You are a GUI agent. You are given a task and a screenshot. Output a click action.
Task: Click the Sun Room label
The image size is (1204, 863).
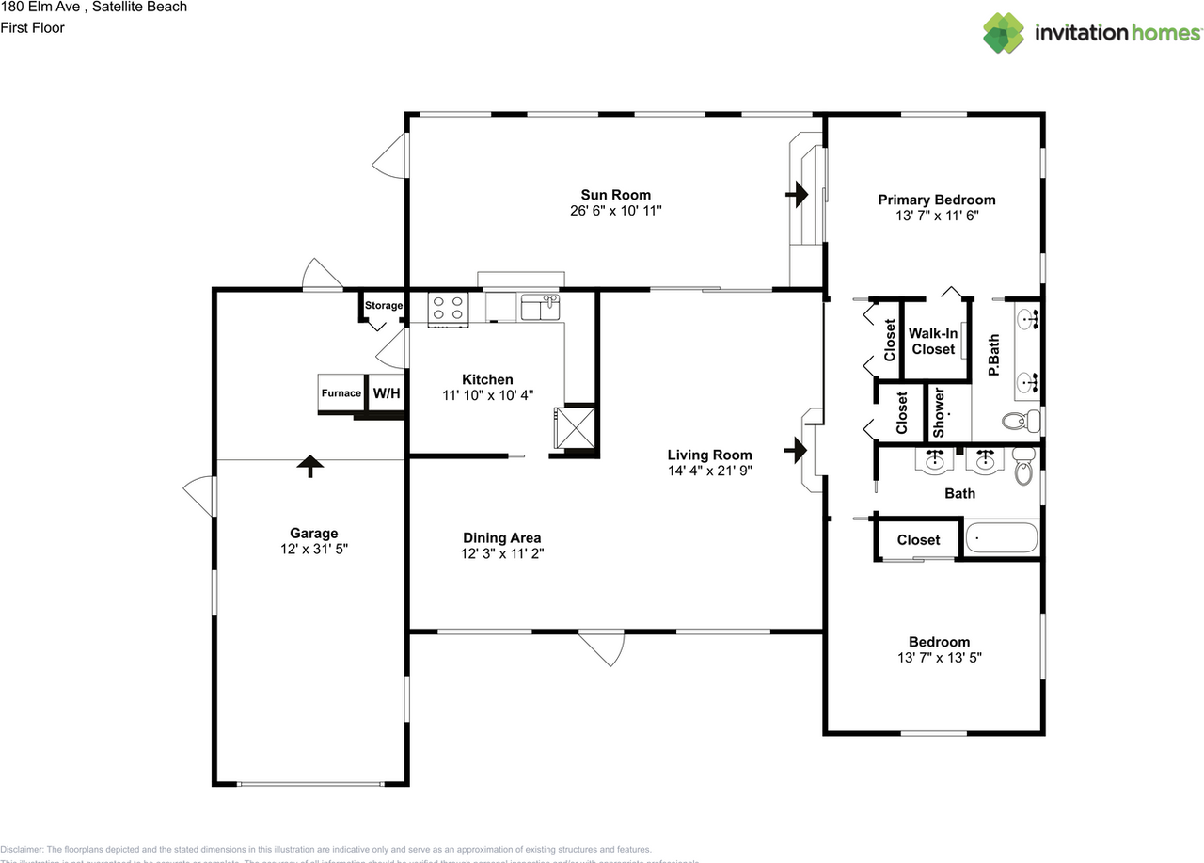coord(616,195)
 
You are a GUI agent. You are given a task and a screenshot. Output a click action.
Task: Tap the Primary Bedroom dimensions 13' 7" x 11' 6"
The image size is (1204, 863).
coord(936,216)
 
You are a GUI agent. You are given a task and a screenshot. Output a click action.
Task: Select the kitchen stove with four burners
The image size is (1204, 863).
coord(449,309)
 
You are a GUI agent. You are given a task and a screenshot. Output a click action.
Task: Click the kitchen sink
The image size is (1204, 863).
coord(540,307)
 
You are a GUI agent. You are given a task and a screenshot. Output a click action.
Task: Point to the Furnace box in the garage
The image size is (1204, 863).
coord(341,393)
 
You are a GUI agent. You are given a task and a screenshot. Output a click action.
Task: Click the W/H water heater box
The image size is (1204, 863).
coord(386,393)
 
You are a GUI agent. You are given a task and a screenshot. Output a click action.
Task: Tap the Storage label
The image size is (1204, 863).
coord(384,306)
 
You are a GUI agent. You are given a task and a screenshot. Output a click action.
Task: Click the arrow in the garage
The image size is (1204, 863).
coord(309,466)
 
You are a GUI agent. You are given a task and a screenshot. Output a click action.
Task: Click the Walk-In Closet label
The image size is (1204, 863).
coord(933,341)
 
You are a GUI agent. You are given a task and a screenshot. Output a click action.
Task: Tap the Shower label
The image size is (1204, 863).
coord(938,412)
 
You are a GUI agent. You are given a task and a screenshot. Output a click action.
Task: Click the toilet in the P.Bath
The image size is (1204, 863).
coord(1020,419)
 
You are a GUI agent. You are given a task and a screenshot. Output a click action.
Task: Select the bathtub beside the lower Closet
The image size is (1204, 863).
coord(1002,539)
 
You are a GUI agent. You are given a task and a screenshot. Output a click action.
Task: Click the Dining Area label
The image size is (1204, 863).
coord(501,538)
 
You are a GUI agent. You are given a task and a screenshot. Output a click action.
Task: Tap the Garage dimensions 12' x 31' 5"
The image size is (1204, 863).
coord(314,549)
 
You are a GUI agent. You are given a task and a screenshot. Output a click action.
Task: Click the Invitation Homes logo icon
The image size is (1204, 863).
coord(1004,33)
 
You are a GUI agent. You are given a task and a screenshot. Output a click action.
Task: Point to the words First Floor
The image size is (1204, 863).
coord(32,27)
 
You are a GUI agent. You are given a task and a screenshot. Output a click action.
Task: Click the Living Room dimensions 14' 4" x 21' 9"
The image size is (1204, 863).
coord(709,470)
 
